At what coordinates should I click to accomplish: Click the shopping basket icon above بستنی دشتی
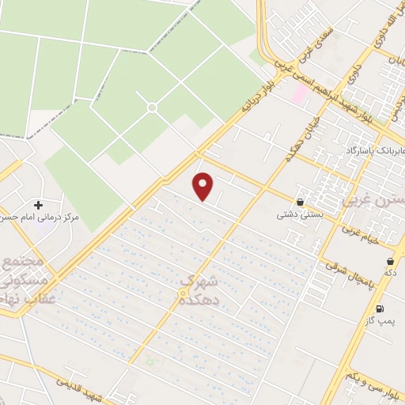[300, 202]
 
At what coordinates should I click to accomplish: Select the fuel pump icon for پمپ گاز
[380, 308]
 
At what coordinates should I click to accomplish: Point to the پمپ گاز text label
[379, 321]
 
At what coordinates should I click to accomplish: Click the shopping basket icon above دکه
[390, 261]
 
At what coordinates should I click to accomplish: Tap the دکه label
[390, 273]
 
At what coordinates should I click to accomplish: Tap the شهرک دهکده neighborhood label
[197, 290]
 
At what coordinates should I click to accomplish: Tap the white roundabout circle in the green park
[152, 107]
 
